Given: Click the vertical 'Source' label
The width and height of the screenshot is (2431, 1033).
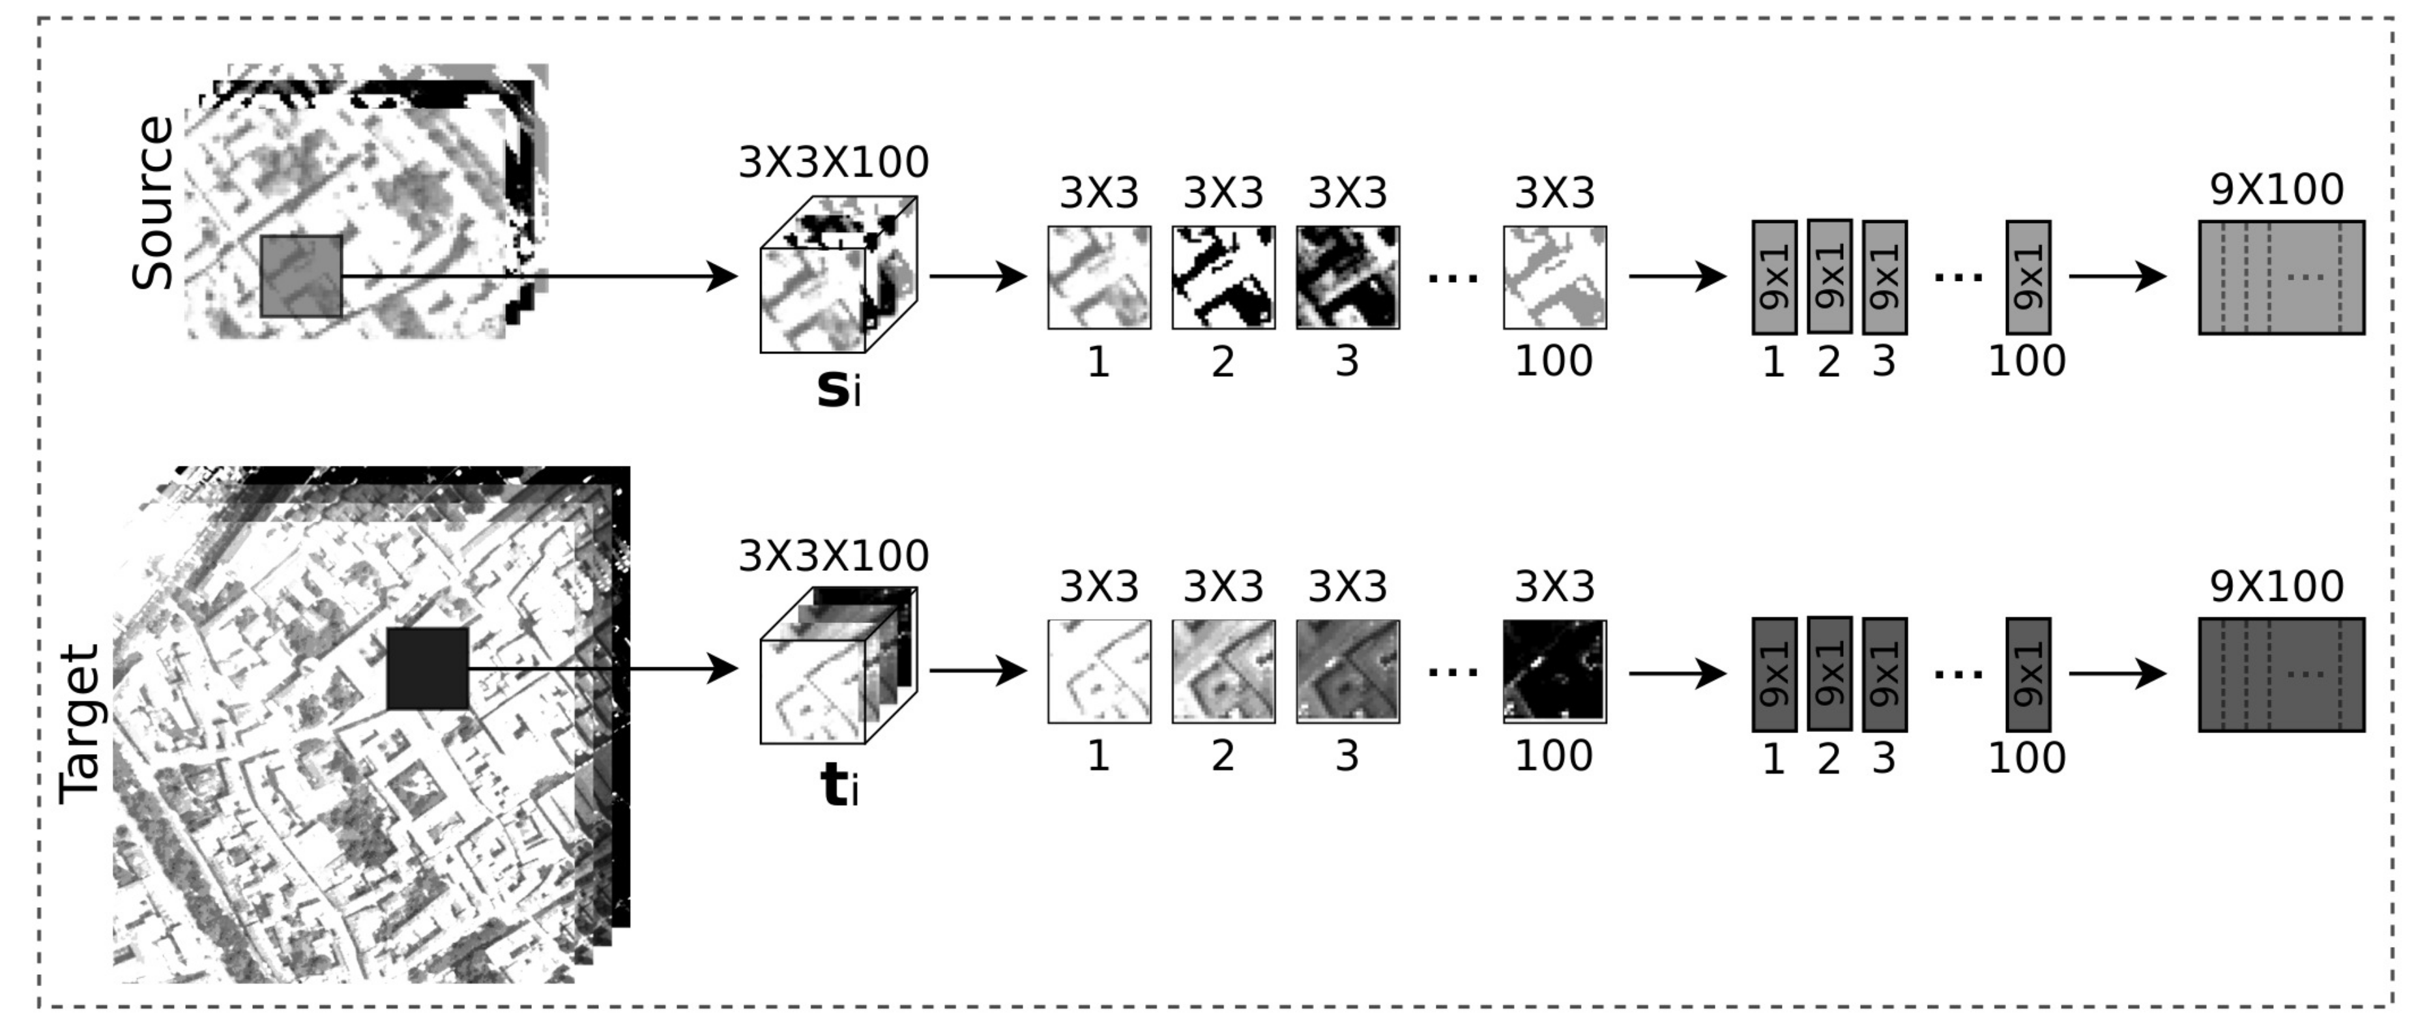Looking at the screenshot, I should (x=153, y=203).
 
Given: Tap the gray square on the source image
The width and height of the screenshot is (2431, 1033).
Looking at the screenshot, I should (x=301, y=276).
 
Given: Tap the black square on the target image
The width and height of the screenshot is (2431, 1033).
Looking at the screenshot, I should (x=428, y=669).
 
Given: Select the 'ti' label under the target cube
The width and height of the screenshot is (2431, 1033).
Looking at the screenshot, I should (x=839, y=786).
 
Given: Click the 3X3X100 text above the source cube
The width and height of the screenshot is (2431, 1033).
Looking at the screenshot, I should (x=834, y=162).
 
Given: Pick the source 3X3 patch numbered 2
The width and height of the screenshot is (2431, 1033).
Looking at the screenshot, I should (x=1223, y=278).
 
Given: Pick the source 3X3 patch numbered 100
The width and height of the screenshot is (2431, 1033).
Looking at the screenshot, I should (x=1554, y=278).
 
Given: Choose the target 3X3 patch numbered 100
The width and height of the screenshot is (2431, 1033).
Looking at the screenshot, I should (x=1554, y=672).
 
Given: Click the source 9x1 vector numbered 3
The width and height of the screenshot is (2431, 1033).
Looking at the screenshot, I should (x=1885, y=278).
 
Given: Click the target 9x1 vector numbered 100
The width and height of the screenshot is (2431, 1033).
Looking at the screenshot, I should (x=2028, y=675).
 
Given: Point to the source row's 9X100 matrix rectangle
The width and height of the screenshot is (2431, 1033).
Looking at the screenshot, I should (x=2281, y=278).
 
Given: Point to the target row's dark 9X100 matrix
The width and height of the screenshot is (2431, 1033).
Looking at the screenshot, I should (x=2281, y=675).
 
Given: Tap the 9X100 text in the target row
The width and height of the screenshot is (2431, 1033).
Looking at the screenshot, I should (x=2277, y=587).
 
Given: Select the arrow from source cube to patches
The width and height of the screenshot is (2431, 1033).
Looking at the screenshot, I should (x=977, y=276).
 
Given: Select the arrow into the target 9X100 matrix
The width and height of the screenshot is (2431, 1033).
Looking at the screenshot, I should (x=2117, y=674).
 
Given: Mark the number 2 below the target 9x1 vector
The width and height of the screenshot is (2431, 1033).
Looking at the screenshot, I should (x=1829, y=759).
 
